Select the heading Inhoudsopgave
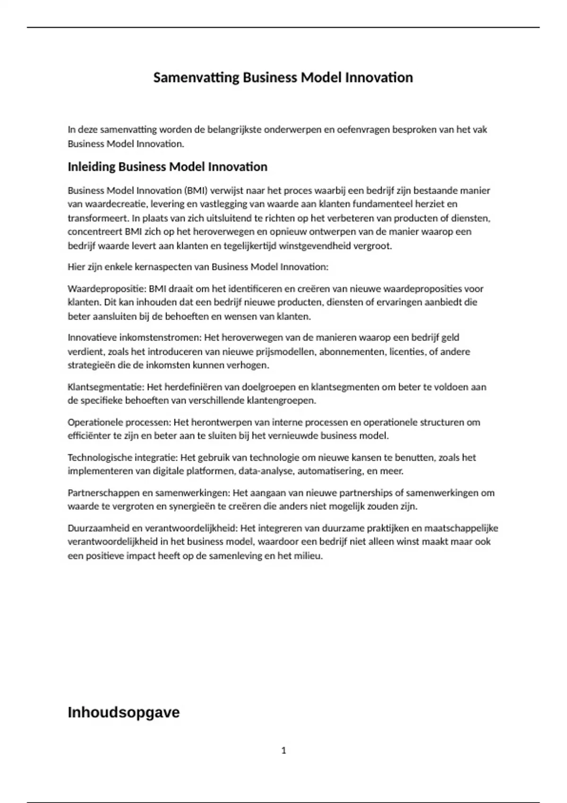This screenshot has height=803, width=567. (x=123, y=712)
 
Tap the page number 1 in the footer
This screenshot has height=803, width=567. (x=283, y=750)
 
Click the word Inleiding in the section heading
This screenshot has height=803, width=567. (x=91, y=167)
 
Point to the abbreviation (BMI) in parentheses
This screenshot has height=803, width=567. (x=196, y=190)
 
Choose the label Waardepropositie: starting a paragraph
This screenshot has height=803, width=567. (x=107, y=288)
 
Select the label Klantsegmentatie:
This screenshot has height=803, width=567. (x=106, y=387)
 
